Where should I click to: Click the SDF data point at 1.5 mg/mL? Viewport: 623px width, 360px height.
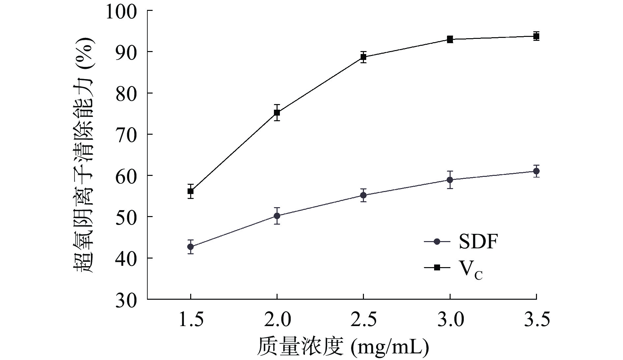coord(191,247)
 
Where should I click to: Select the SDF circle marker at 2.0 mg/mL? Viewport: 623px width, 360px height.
coord(277,216)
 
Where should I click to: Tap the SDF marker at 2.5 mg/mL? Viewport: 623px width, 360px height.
coord(363,195)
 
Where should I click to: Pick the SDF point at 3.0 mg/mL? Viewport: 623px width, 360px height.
coord(450,180)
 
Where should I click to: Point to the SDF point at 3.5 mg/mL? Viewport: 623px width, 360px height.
coord(536,171)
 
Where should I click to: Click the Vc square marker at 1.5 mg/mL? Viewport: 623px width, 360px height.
coord(191,191)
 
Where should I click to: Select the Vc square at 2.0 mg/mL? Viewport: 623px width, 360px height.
coord(277,113)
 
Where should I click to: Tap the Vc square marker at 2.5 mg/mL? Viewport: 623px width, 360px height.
coord(363,57)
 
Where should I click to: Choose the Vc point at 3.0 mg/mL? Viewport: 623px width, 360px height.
coord(450,40)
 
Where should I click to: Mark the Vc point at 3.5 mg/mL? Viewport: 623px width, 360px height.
coord(536,36)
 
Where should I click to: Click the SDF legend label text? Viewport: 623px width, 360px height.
coord(478,242)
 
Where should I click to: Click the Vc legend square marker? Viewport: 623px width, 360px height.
coord(437,267)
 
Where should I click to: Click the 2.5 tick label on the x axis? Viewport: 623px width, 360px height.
coord(363,319)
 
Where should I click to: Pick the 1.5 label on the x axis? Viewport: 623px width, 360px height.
coord(191,319)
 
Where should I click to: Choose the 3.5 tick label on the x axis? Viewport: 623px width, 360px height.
coord(536,319)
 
